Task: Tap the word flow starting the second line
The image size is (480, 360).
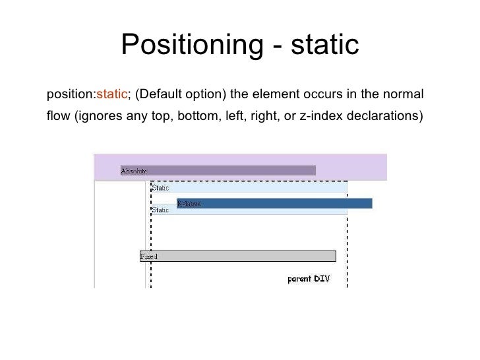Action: [59, 117]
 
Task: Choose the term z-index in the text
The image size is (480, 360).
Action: [320, 117]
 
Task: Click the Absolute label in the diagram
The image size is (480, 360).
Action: [134, 171]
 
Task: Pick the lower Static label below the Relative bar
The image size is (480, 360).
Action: [161, 210]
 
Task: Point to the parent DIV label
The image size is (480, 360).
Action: [308, 278]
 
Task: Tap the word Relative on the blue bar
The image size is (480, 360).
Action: [189, 204]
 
